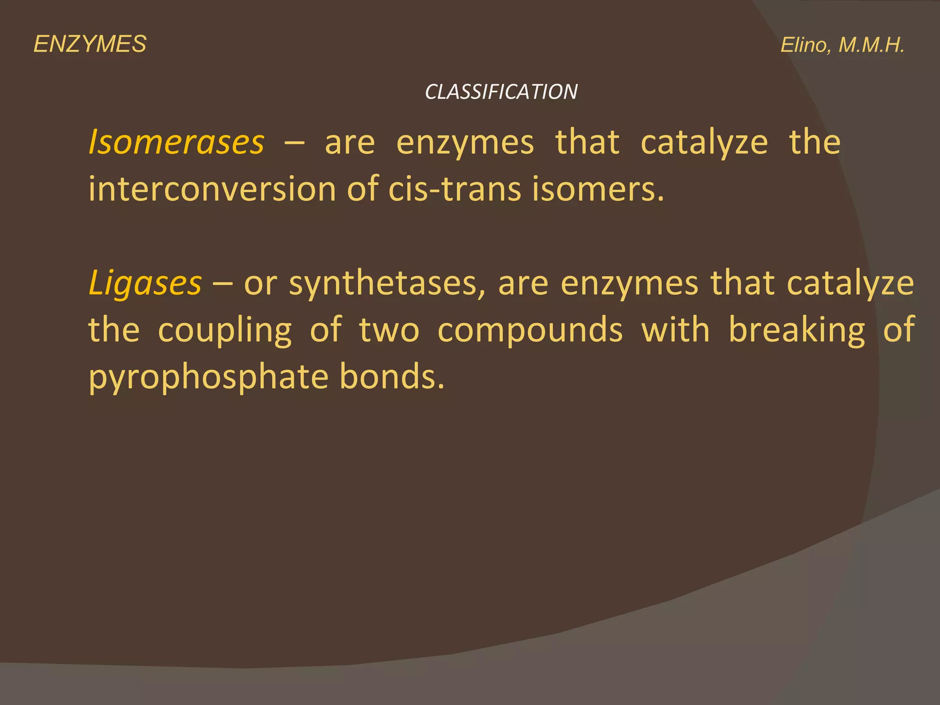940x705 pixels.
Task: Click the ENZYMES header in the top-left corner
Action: click(90, 45)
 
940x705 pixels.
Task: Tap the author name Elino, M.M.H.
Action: click(842, 45)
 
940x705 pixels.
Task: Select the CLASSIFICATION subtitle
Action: click(501, 92)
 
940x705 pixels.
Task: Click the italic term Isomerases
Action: click(176, 142)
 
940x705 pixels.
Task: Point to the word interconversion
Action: click(212, 189)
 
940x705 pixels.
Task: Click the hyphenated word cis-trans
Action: click(455, 189)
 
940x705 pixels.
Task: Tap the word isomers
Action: click(598, 189)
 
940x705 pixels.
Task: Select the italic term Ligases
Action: click(145, 283)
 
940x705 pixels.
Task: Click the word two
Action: click(389, 330)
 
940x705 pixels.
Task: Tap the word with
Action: click(675, 330)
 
